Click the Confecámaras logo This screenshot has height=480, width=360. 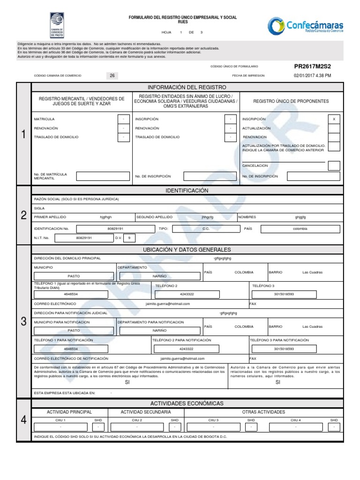click(305, 26)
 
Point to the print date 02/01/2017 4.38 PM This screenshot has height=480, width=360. click(312, 75)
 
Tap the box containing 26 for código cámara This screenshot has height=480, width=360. click(112, 75)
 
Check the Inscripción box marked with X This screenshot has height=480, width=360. click(334, 120)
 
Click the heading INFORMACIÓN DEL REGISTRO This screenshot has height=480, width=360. click(187, 87)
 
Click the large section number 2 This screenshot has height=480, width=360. click(23, 215)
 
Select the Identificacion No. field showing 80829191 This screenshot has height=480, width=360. click(115, 229)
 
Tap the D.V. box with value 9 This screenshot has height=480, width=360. click(129, 238)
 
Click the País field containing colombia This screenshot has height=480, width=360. click(300, 229)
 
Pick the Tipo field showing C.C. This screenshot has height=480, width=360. click(206, 229)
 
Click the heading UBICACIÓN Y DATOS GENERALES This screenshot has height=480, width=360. click(187, 250)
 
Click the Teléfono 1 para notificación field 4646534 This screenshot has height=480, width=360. click(71, 349)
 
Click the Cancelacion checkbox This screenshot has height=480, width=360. click(334, 165)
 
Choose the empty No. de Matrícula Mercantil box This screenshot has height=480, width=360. click(102, 176)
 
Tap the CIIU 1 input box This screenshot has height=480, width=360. click(61, 427)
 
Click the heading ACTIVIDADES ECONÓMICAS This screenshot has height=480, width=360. click(187, 404)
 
